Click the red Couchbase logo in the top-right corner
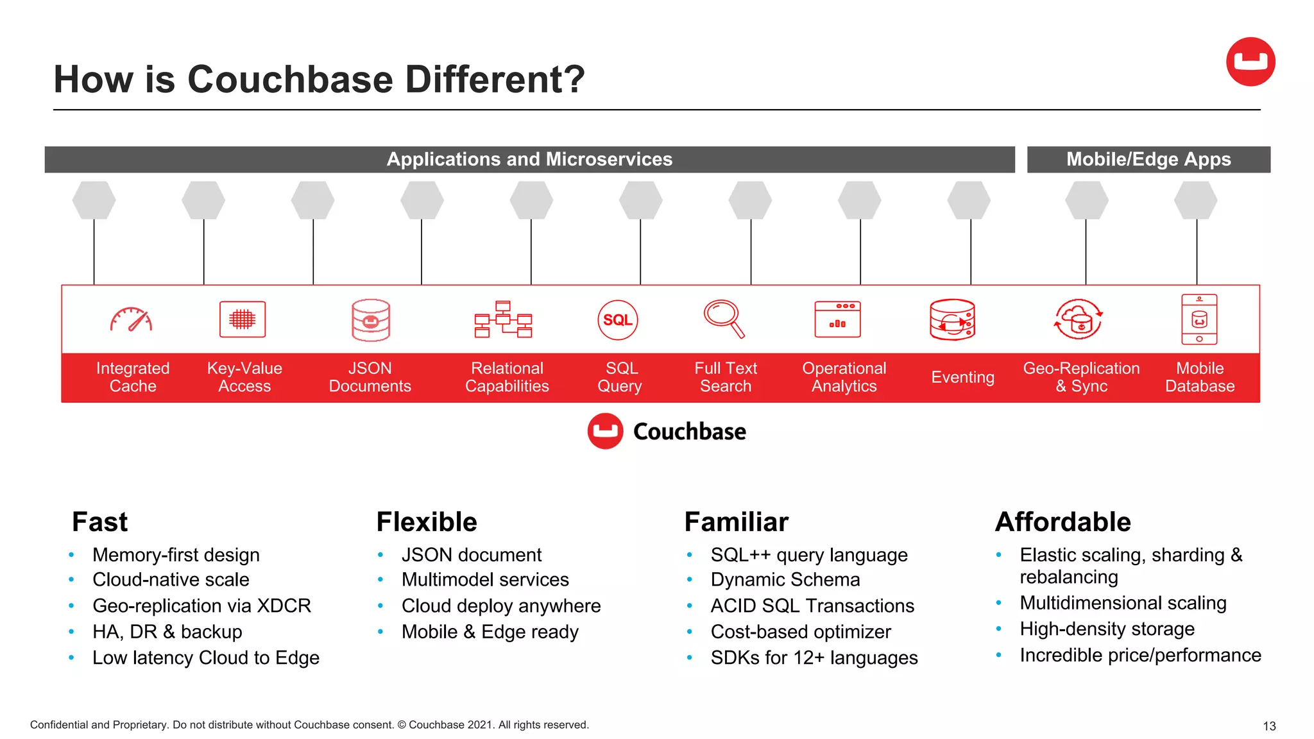click(1250, 62)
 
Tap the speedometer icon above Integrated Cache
click(131, 319)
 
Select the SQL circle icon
click(617, 319)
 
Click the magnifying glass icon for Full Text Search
click(724, 318)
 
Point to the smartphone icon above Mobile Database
click(1199, 319)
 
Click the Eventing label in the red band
click(962, 377)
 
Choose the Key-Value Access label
click(244, 377)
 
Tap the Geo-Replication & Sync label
click(1081, 377)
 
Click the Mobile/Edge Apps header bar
click(1148, 159)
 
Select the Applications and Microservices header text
click(529, 159)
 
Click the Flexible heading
click(427, 522)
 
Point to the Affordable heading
click(1062, 522)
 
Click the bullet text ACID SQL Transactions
click(812, 606)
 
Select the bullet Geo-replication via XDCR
click(201, 606)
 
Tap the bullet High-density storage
click(1107, 629)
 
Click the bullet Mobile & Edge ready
click(490, 632)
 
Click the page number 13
click(1268, 726)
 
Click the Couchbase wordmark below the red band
click(689, 432)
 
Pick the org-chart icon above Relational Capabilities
click(503, 319)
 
